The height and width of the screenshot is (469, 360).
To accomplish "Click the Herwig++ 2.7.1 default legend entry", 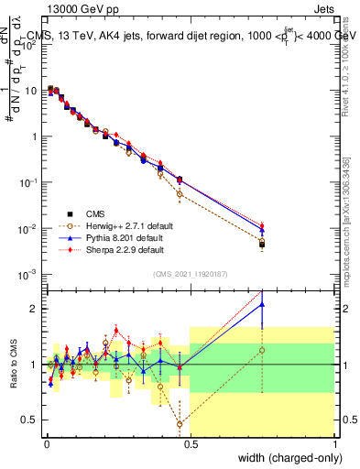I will tap(123, 225).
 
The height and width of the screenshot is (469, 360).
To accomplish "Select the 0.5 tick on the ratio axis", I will tap(31, 420).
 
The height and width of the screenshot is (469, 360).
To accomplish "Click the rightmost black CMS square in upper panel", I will tap(262, 245).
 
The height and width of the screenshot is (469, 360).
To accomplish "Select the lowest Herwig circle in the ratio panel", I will tap(180, 423).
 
